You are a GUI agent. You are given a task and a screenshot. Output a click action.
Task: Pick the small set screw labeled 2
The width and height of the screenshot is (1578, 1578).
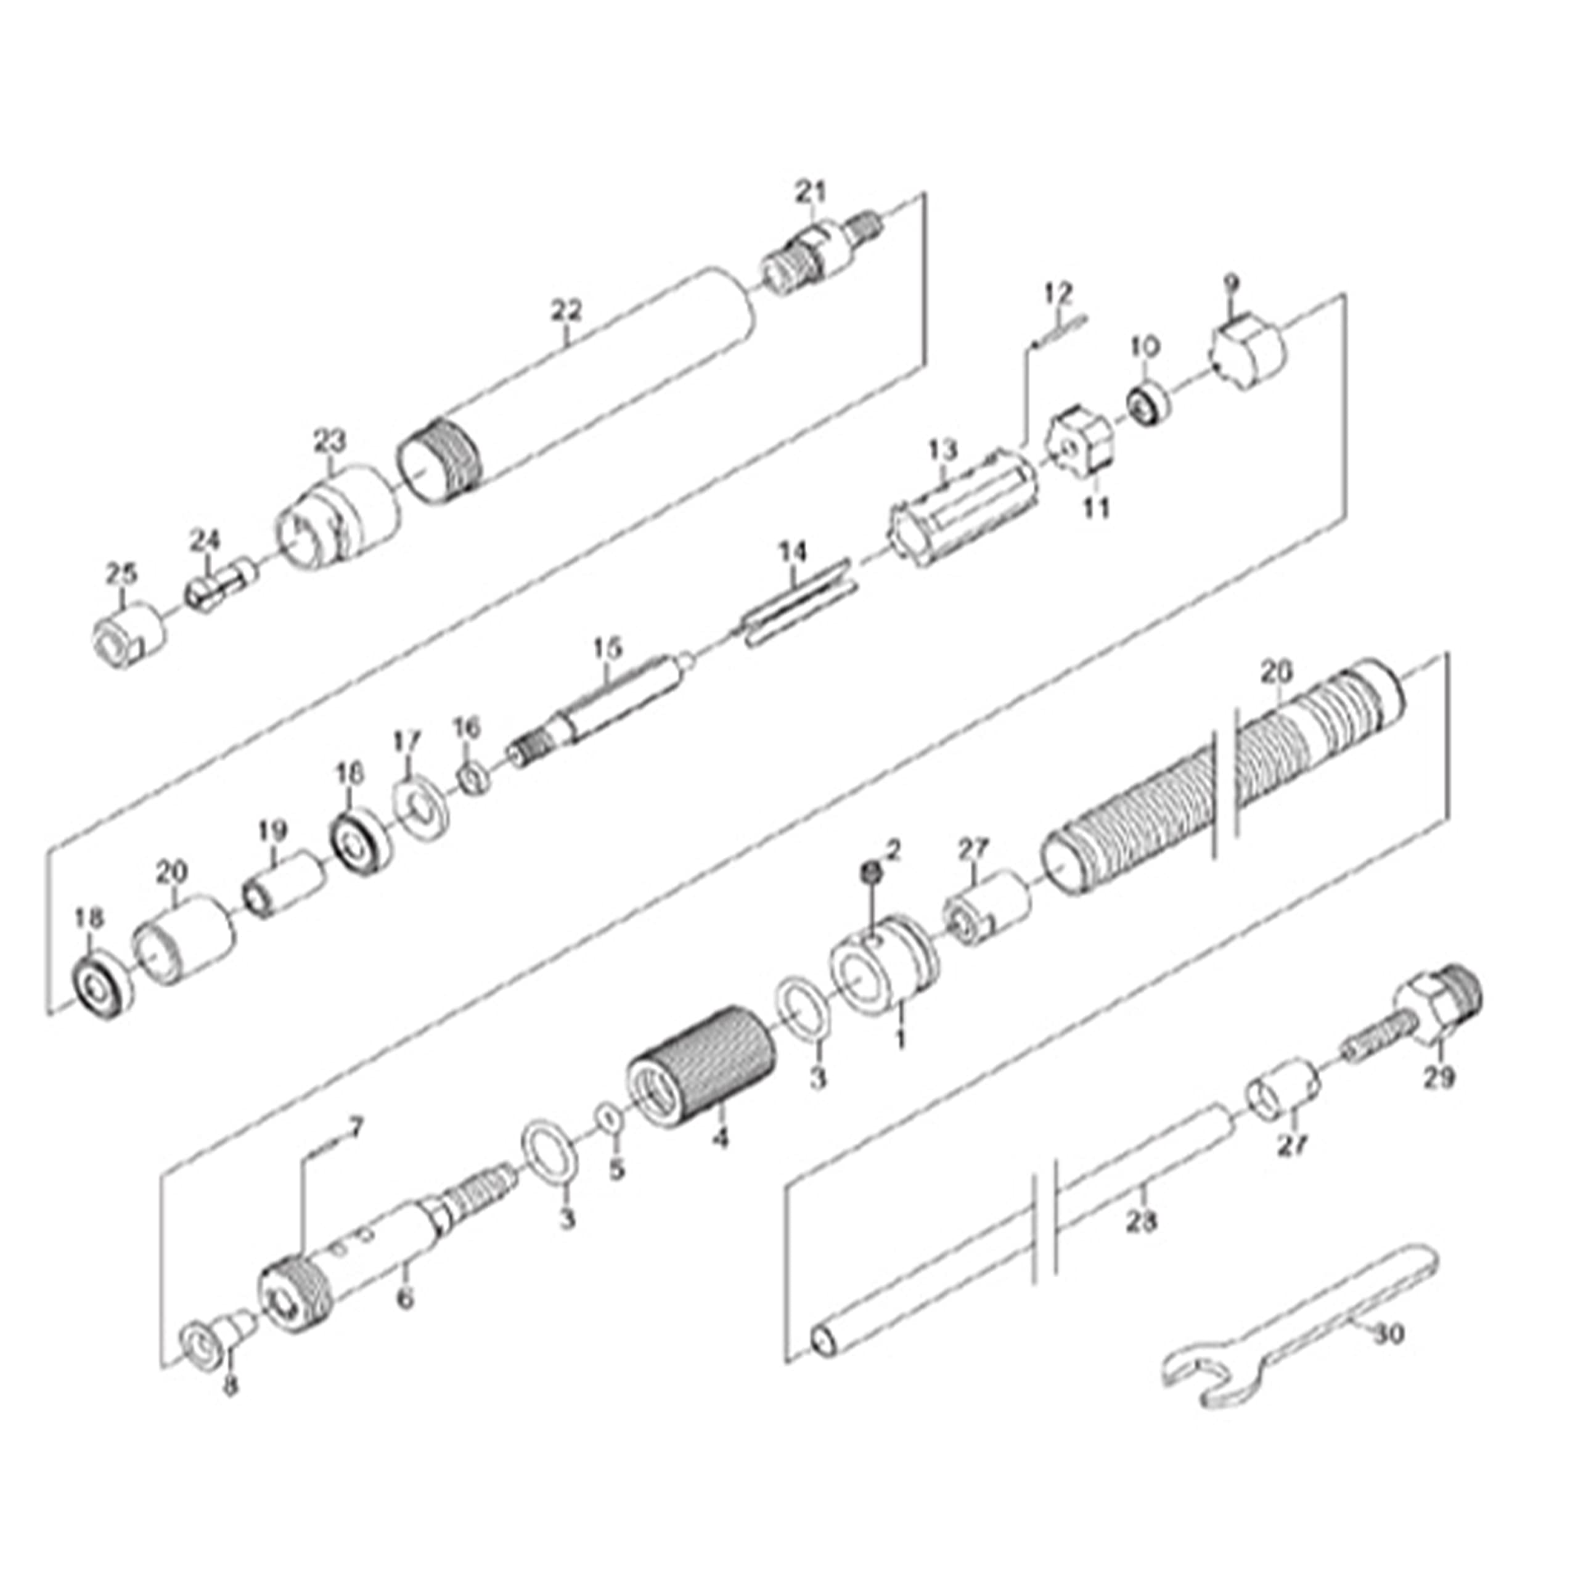tap(871, 872)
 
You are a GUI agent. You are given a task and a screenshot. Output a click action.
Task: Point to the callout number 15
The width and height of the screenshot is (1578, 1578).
tap(607, 648)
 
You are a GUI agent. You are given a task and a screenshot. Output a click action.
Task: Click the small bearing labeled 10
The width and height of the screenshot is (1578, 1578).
tap(1148, 404)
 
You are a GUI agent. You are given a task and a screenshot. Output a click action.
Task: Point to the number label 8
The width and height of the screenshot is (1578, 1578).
tap(231, 1386)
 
